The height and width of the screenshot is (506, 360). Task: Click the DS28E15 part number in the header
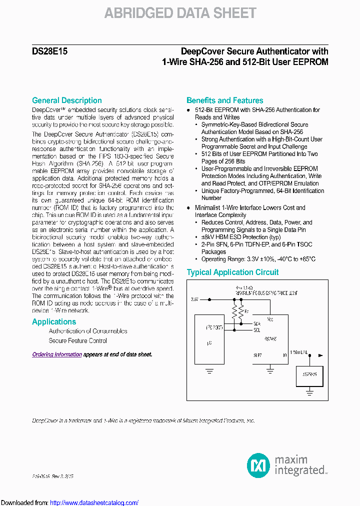[45, 51]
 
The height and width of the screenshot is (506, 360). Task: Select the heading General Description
[66, 100]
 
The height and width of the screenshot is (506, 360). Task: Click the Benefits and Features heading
[224, 100]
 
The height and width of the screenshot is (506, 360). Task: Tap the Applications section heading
[54, 322]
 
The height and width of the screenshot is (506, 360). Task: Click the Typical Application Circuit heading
[232, 272]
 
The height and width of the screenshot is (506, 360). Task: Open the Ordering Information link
[57, 354]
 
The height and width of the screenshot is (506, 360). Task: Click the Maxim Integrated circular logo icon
[258, 465]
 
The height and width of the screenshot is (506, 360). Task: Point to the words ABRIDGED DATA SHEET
[180, 13]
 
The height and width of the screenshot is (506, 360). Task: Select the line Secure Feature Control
[77, 341]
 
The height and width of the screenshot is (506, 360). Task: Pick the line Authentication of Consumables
[88, 331]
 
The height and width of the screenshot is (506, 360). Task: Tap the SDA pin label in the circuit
[256, 323]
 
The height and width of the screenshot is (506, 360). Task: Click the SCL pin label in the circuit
[256, 330]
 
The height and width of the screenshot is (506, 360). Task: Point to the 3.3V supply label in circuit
[194, 299]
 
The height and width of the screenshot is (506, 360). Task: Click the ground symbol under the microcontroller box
[209, 370]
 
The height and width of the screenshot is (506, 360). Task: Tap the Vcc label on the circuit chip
[270, 318]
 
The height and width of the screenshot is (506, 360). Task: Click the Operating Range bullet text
[258, 259]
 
